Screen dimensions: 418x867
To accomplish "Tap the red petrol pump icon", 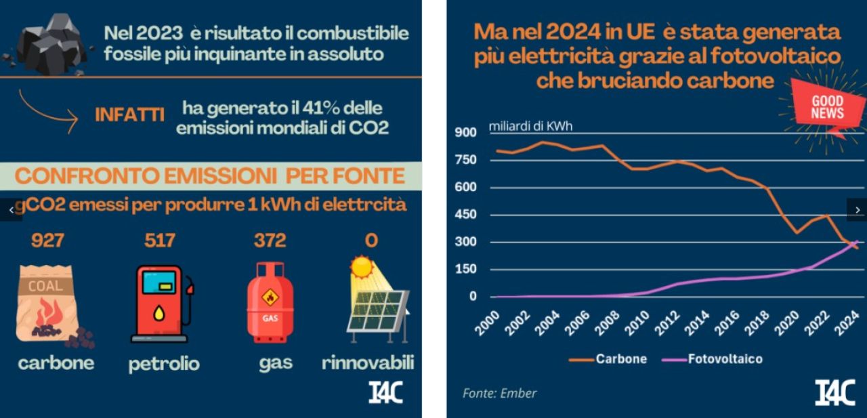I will click(161, 304).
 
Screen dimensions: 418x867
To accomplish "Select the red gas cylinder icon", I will click(270, 303).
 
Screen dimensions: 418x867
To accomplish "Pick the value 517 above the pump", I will click(159, 240).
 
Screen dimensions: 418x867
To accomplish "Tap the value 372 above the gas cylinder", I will click(270, 240).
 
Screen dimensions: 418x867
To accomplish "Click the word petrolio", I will click(164, 364).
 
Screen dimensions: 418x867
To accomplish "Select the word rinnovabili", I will click(367, 362).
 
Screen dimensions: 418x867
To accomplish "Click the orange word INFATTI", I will click(129, 114).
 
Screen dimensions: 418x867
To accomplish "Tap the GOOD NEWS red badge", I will click(828, 108).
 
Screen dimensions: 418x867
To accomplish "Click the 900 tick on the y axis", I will click(465, 133).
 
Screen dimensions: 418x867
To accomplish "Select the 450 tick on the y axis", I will click(465, 215).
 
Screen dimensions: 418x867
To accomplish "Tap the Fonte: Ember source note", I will click(499, 393).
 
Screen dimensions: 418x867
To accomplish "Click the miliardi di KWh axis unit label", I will click(531, 127).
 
